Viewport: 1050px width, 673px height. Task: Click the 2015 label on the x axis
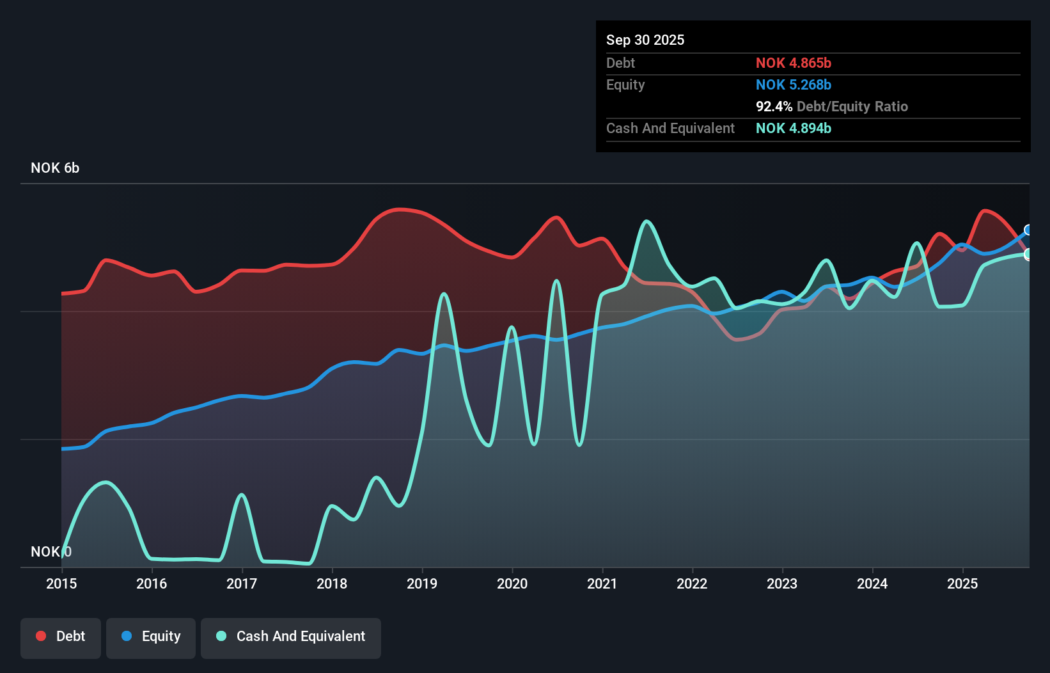click(x=61, y=583)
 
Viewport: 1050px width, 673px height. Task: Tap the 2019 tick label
click(x=422, y=583)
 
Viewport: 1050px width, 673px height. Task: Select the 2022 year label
click(x=692, y=583)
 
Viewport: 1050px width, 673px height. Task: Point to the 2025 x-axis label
click(x=962, y=583)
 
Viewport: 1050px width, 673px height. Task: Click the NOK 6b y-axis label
click(x=55, y=168)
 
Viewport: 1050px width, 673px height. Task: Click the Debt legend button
click(x=61, y=637)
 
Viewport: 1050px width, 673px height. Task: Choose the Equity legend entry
click(x=151, y=637)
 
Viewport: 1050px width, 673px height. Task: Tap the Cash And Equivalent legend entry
click(x=291, y=637)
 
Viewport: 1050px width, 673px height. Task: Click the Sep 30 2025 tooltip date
click(x=645, y=40)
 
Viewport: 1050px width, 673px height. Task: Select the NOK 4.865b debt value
click(x=794, y=63)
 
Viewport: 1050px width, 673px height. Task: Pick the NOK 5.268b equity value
click(x=794, y=84)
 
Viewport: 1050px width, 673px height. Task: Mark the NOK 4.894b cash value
click(x=794, y=128)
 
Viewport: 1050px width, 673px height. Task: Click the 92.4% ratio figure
click(x=774, y=106)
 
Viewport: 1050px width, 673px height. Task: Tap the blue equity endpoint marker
click(x=1028, y=230)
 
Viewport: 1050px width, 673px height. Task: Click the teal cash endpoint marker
click(x=1028, y=255)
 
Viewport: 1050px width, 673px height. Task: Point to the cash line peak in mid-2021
click(x=647, y=221)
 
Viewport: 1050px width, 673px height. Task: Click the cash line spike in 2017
click(x=241, y=495)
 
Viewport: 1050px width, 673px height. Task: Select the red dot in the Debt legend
click(x=41, y=636)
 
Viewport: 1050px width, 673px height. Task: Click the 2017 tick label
click(x=242, y=583)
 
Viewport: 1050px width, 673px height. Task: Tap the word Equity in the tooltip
click(x=625, y=84)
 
